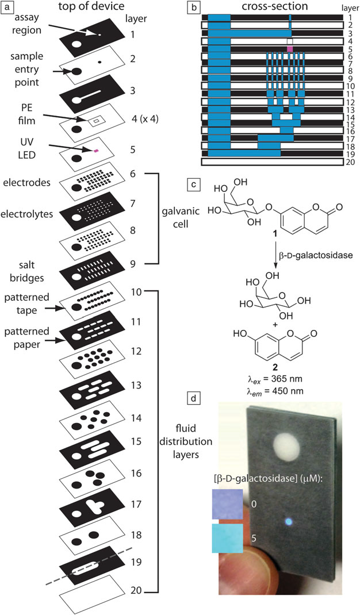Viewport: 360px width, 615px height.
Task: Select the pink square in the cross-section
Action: [290, 49]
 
